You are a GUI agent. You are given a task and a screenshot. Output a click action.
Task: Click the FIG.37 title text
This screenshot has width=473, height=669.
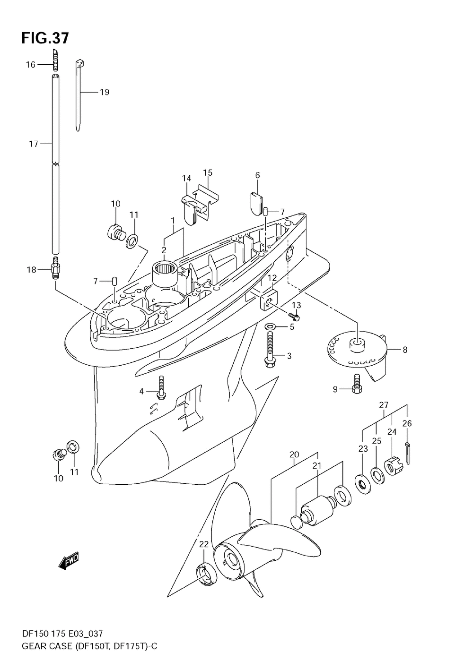pos(45,38)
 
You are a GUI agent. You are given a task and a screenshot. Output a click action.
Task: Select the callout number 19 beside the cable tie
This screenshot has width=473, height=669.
pos(104,92)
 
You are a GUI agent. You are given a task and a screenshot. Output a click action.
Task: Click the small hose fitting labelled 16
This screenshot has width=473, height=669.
pos(55,60)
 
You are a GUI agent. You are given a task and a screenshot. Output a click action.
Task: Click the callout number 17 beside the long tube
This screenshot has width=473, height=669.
pos(33,144)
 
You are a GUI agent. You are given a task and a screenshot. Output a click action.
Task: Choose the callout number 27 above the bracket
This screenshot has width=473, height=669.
pos(384,405)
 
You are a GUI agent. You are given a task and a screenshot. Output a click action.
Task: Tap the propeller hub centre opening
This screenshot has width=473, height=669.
pos(232,560)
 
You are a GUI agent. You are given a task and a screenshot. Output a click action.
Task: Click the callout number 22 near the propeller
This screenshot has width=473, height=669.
pos(204,544)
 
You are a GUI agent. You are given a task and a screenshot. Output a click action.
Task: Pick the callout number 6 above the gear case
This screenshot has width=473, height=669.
pos(257,175)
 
